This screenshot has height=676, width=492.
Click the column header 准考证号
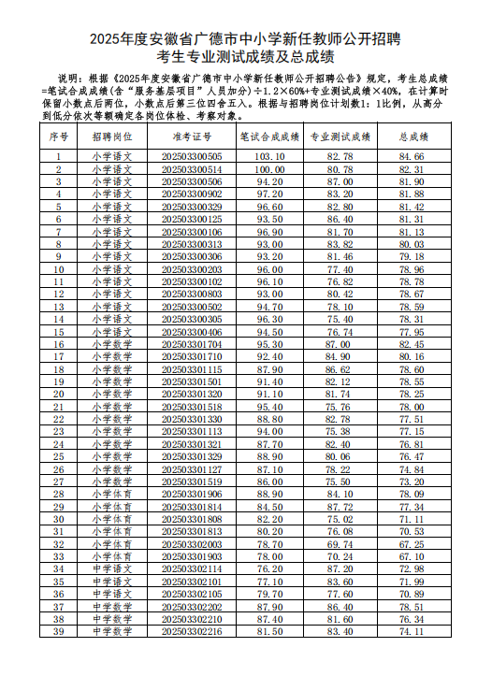192,137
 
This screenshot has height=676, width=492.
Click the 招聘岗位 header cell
111,137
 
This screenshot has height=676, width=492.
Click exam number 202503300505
192,156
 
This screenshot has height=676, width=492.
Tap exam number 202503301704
192,345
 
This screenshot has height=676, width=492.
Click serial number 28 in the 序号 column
59,494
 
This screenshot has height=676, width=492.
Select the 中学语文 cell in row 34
111,568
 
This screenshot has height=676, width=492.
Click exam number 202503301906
192,494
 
